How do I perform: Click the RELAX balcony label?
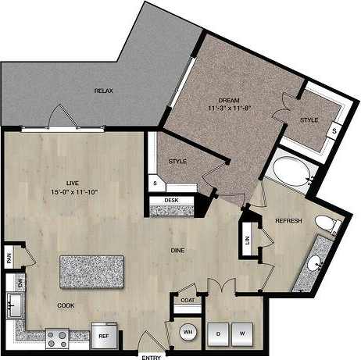click(x=104, y=91)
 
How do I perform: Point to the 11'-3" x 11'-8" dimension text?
click(x=227, y=109)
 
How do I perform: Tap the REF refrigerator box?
click(x=103, y=337)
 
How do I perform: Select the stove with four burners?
click(x=58, y=338)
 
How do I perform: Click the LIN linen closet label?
click(x=248, y=240)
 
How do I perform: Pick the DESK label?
click(x=171, y=201)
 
